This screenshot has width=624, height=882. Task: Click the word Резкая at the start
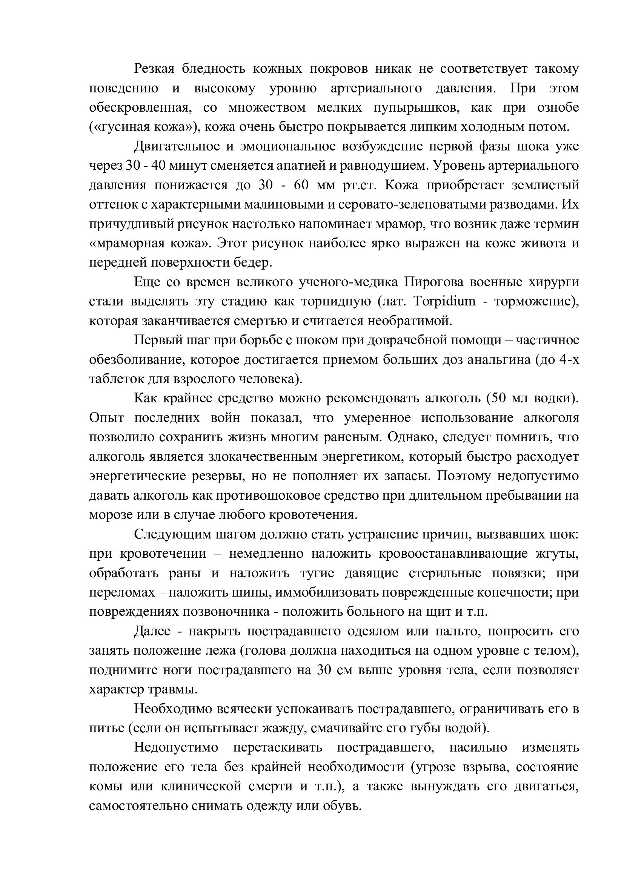click(154, 69)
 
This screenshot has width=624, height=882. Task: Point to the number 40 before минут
click(158, 166)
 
